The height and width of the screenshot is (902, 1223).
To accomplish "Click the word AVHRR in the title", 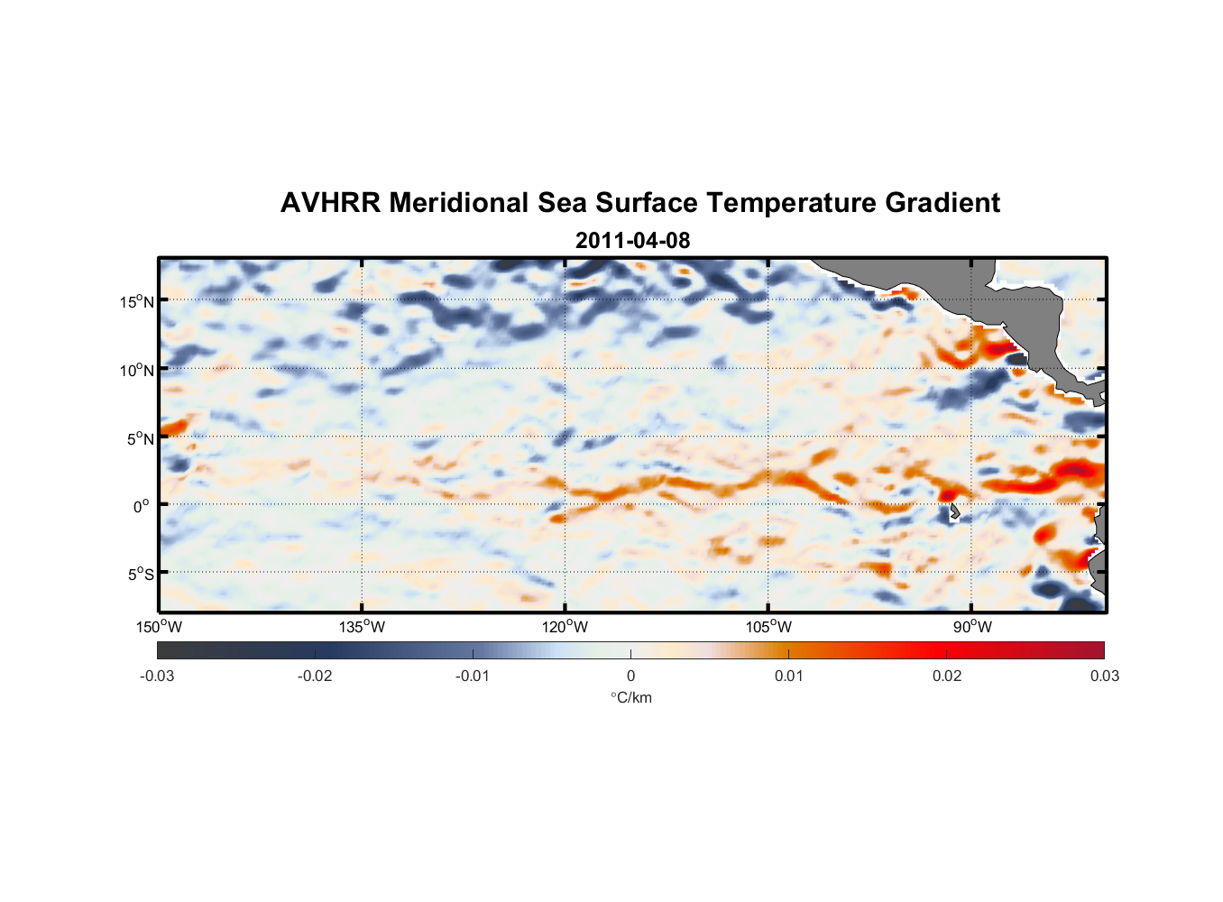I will click(330, 203).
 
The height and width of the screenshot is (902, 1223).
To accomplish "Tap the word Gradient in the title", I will click(943, 203).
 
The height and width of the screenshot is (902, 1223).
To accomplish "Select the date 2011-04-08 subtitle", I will click(632, 241).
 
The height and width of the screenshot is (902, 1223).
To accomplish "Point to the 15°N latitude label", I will click(137, 301).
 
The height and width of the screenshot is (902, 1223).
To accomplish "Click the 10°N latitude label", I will click(137, 370).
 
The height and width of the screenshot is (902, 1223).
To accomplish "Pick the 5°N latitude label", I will click(140, 438).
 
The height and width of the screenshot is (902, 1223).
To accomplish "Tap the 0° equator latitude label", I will click(142, 506).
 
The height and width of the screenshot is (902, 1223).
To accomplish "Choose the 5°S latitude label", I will click(140, 574).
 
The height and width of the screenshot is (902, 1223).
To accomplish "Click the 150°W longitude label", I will click(159, 627).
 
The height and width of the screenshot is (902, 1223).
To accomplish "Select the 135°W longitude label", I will click(362, 627).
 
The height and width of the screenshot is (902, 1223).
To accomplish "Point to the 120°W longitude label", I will click(565, 627).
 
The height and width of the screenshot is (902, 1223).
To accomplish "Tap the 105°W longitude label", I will click(768, 627).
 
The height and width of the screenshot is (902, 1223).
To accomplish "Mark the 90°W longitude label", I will click(972, 627).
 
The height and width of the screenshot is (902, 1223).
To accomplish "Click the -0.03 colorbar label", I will click(157, 676).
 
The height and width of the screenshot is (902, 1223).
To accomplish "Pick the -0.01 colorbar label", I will click(473, 676).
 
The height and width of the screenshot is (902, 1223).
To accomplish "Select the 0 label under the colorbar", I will click(630, 676).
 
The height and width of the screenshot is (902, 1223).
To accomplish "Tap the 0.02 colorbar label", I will click(947, 676).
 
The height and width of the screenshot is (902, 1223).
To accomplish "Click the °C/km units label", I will click(630, 697).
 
